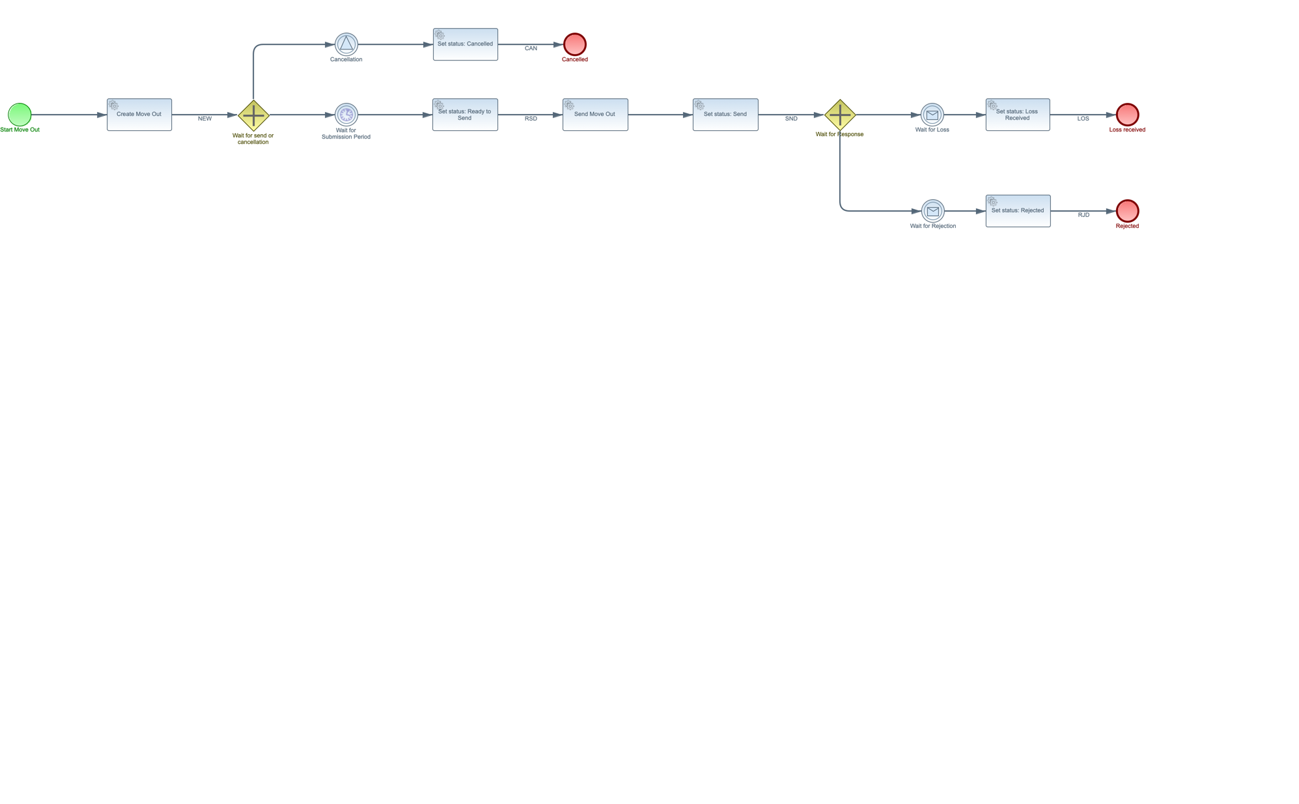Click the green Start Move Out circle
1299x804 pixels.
pos(20,115)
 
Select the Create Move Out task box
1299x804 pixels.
pos(139,115)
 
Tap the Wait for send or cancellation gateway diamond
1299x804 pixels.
pos(253,115)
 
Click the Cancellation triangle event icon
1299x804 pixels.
pos(346,44)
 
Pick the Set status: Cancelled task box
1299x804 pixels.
pos(465,44)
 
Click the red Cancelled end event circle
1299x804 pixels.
pos(575,44)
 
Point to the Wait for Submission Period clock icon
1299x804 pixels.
pos(346,115)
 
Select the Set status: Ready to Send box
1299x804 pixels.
pos(465,115)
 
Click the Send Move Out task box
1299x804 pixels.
pos(595,115)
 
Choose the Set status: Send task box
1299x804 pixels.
pos(725,115)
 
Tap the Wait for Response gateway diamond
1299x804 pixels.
pos(840,115)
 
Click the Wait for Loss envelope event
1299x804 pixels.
pos(932,115)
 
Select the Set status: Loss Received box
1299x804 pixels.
pos(1018,115)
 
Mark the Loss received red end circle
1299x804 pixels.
pos(1127,115)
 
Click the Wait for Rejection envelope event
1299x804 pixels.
pos(933,211)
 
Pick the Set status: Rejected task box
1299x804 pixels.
pos(1018,211)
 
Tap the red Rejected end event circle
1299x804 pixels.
pos(1127,211)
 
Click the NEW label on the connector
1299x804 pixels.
pos(205,119)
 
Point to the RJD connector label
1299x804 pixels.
pos(1083,215)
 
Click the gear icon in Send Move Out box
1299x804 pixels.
pos(570,105)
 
